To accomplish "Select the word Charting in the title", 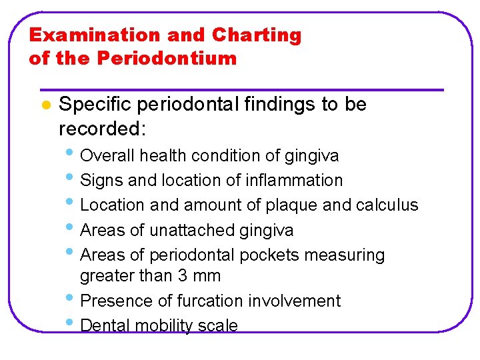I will coord(257,35).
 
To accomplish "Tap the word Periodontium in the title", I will coord(167,59).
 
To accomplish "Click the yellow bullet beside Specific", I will coord(45,105).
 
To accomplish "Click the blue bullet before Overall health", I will coord(71,155).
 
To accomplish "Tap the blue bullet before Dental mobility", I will coord(71,325).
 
